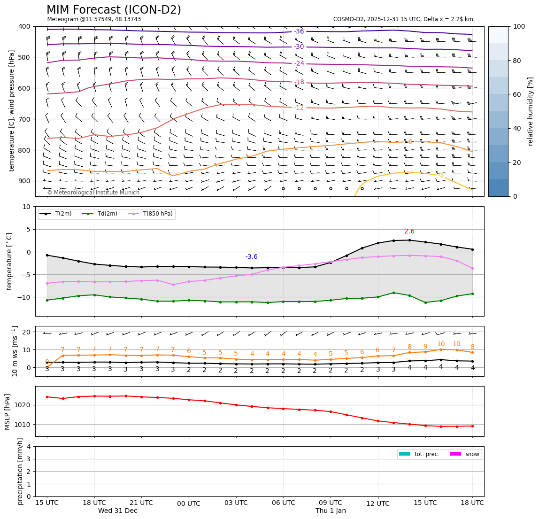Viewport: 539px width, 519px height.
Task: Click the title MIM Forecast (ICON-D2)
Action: coord(114,10)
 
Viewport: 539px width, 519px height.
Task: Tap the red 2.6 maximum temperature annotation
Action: coord(409,232)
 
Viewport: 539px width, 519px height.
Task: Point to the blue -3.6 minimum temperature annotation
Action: coord(252,257)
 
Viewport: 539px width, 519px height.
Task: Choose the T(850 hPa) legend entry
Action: coord(157,214)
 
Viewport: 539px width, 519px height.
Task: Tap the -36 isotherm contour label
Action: coord(299,31)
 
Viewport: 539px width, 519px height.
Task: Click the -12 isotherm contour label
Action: coord(299,108)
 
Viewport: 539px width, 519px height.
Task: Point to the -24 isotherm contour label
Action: coord(299,63)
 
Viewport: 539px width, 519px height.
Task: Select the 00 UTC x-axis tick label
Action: coord(189,504)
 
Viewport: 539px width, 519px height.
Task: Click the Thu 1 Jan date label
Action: coord(331,511)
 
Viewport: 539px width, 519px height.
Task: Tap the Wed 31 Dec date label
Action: coord(118,511)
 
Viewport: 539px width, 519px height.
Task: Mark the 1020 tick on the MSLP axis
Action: coord(24,405)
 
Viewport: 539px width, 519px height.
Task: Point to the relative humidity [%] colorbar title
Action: coord(531,111)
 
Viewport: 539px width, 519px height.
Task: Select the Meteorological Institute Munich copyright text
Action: coord(93,193)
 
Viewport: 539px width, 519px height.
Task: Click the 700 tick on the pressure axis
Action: coord(24,119)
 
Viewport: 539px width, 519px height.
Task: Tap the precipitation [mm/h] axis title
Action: coord(20,471)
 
